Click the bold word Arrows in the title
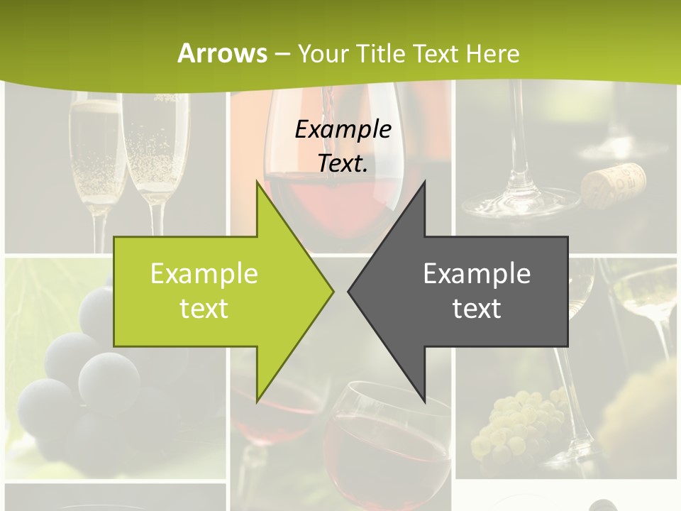click(222, 53)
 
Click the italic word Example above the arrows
click(343, 129)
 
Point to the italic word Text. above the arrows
click(343, 163)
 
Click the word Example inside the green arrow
click(204, 274)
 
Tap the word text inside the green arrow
click(204, 309)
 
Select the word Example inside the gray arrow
click(477, 274)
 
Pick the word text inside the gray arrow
click(477, 309)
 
